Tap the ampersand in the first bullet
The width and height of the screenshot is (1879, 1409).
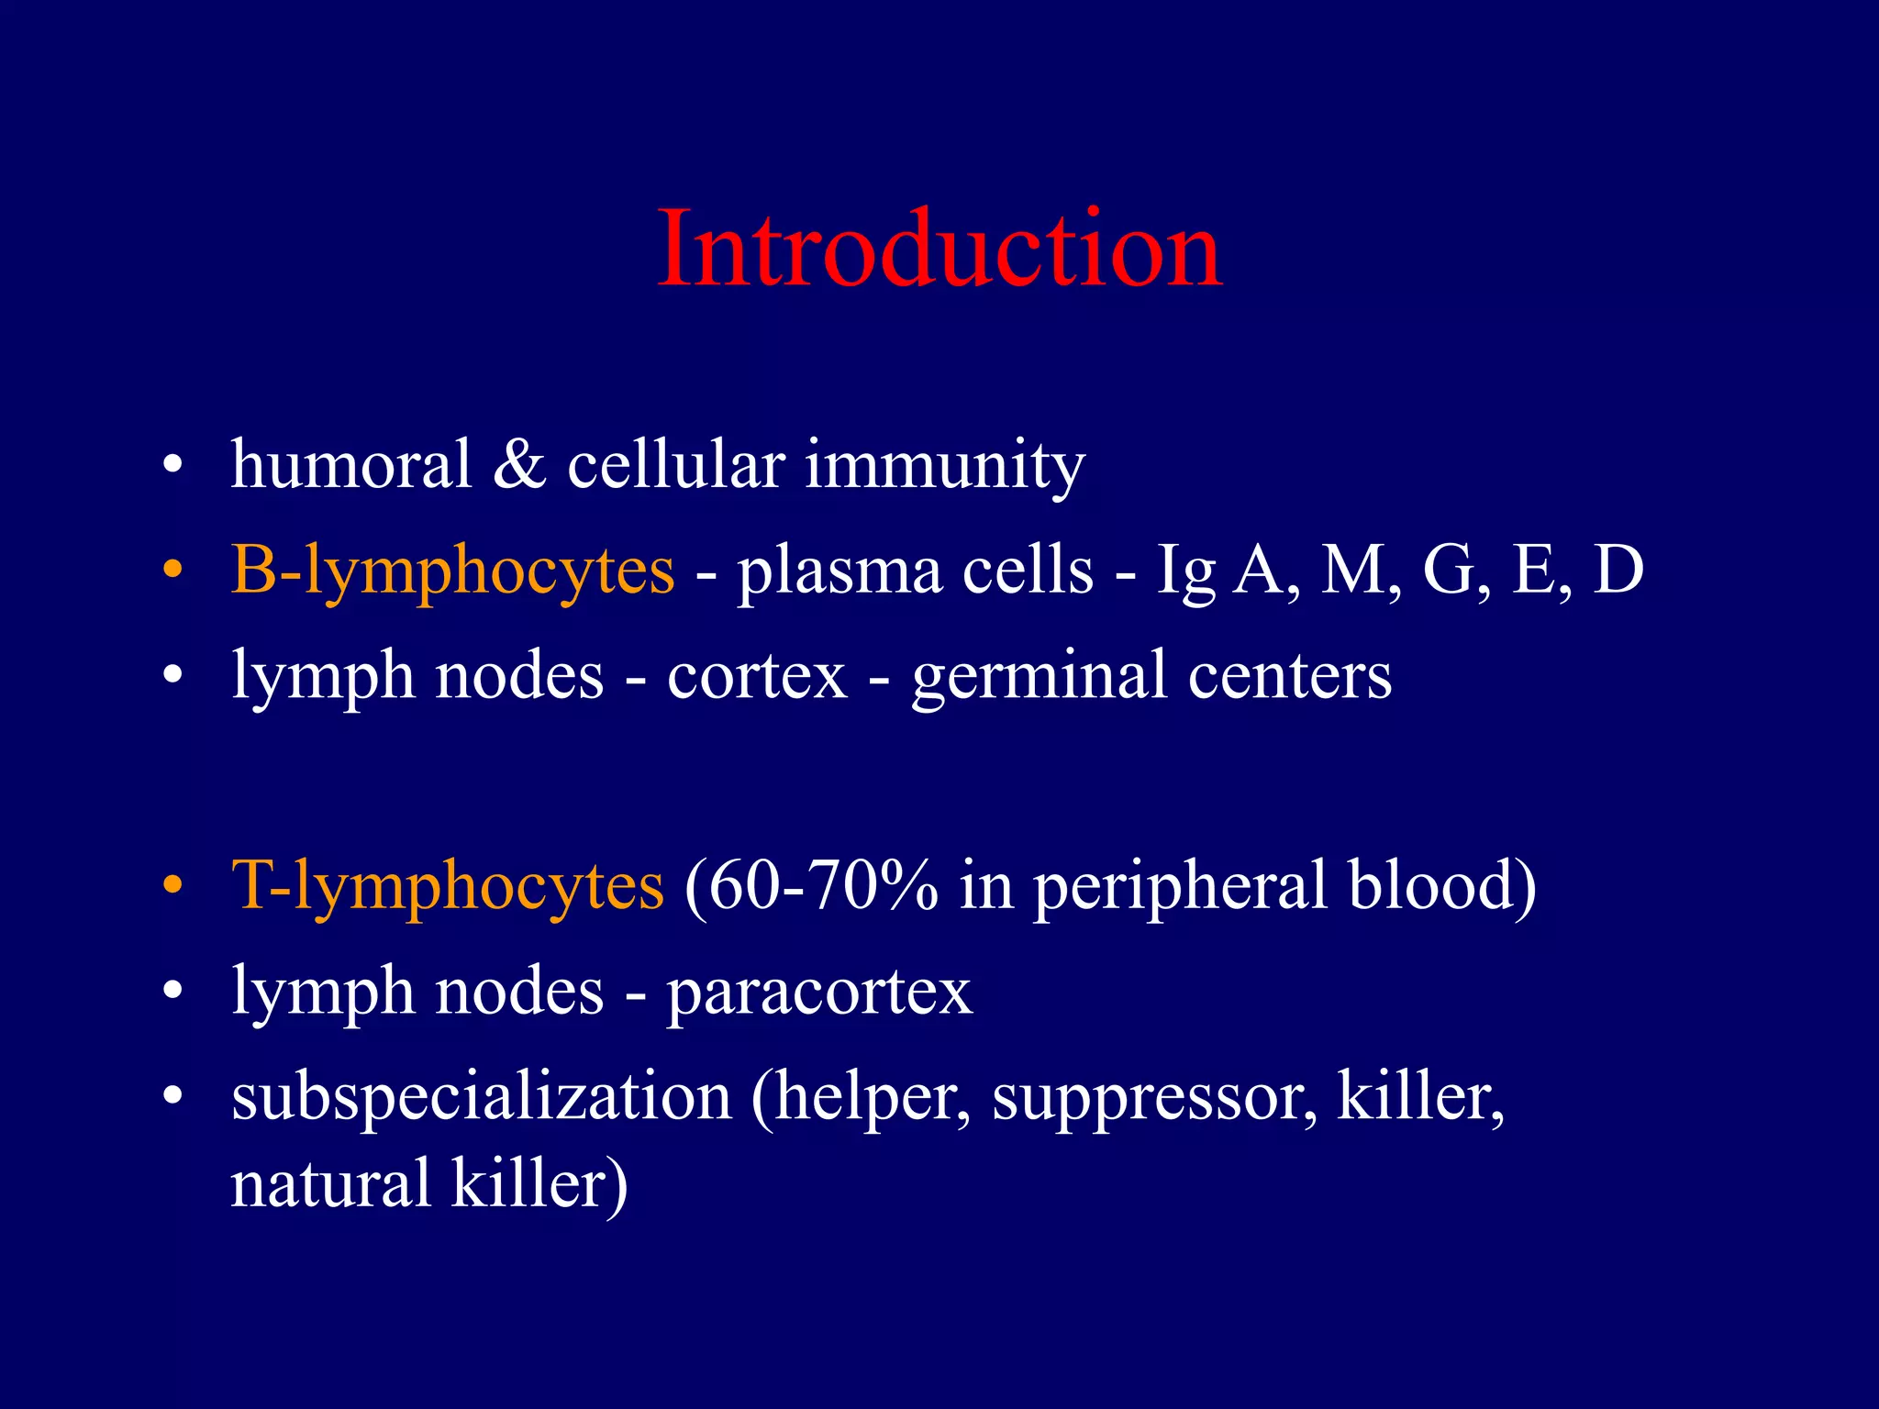(x=519, y=463)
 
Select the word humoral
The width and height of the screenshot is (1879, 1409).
(x=350, y=463)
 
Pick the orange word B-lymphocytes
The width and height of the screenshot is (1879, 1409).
(x=452, y=571)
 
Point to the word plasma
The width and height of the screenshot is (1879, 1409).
(x=839, y=571)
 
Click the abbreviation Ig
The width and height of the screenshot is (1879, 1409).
(x=1184, y=571)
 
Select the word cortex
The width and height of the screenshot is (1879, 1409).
(x=757, y=676)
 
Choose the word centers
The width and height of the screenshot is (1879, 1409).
(x=1289, y=676)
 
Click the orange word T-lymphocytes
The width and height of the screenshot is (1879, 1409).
(x=447, y=886)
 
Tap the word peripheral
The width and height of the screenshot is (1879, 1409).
(x=1180, y=886)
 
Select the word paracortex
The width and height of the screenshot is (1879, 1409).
(x=819, y=993)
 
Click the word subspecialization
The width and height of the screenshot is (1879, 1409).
(x=481, y=1097)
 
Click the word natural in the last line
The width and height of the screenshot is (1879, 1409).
(x=330, y=1183)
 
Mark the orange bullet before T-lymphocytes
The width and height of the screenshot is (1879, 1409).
(x=172, y=887)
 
